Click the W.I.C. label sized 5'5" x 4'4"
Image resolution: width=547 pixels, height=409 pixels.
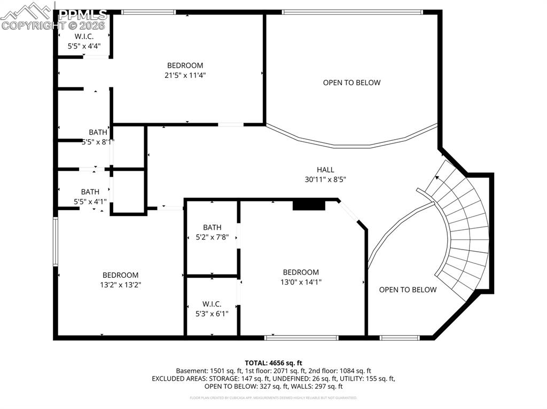[x=84, y=36]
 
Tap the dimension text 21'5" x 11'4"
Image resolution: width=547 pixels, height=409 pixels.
[x=185, y=75]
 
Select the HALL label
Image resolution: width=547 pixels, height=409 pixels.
[x=325, y=170]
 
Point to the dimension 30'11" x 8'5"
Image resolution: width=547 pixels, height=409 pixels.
[x=325, y=180]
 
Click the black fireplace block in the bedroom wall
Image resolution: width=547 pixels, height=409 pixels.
[x=309, y=205]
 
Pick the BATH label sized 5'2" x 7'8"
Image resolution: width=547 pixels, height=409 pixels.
[x=212, y=227]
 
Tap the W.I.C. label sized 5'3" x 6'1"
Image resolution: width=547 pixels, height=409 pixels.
[x=212, y=304]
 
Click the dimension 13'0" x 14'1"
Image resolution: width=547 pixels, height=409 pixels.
[x=301, y=282]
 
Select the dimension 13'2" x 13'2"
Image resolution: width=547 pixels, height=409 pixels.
[x=120, y=285]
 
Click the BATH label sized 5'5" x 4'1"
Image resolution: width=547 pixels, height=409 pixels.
[x=90, y=191]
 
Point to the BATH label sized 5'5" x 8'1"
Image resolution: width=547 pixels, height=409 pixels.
[x=98, y=132]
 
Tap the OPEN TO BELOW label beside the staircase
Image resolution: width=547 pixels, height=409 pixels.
[x=408, y=290]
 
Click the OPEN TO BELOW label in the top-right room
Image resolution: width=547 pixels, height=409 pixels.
[x=351, y=83]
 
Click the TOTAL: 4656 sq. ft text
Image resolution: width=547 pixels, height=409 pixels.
[x=273, y=362]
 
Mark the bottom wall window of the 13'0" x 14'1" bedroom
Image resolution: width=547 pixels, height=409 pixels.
[x=302, y=337]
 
